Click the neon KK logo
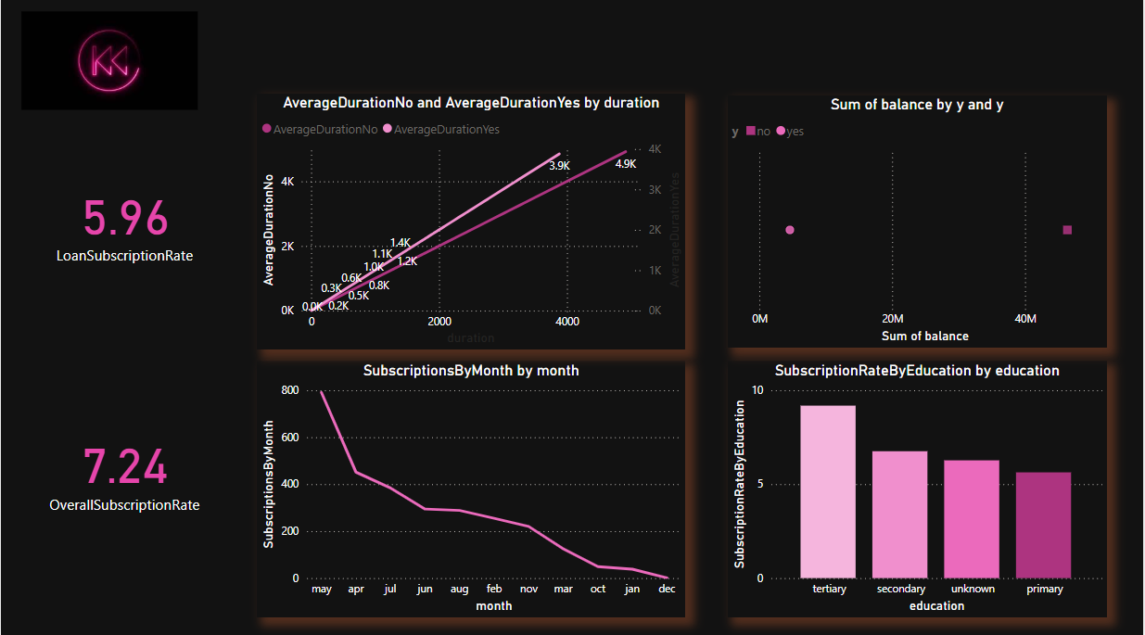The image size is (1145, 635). (x=109, y=61)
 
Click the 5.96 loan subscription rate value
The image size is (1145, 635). (x=125, y=219)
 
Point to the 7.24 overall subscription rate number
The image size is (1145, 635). (x=125, y=466)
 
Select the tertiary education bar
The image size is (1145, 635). (x=828, y=491)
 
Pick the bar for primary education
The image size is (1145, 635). (x=1043, y=525)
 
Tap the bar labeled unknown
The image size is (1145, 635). (x=972, y=519)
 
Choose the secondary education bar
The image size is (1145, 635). (x=899, y=514)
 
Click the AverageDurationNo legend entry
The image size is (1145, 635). (x=321, y=130)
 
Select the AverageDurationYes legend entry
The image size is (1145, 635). (x=441, y=130)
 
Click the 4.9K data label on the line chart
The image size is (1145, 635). (x=625, y=164)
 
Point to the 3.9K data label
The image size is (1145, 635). (x=559, y=166)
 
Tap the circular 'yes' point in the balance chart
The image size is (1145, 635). (x=790, y=230)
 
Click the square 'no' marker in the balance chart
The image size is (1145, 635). (x=1067, y=230)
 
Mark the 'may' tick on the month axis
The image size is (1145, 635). (x=322, y=589)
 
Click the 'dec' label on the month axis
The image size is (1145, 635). (x=667, y=589)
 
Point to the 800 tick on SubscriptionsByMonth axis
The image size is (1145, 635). (x=289, y=390)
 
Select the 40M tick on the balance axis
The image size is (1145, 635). (x=1025, y=319)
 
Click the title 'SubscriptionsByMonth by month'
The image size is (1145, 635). (x=471, y=371)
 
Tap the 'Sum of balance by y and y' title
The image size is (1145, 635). (x=917, y=105)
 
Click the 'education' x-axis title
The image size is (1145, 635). (x=935, y=605)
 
